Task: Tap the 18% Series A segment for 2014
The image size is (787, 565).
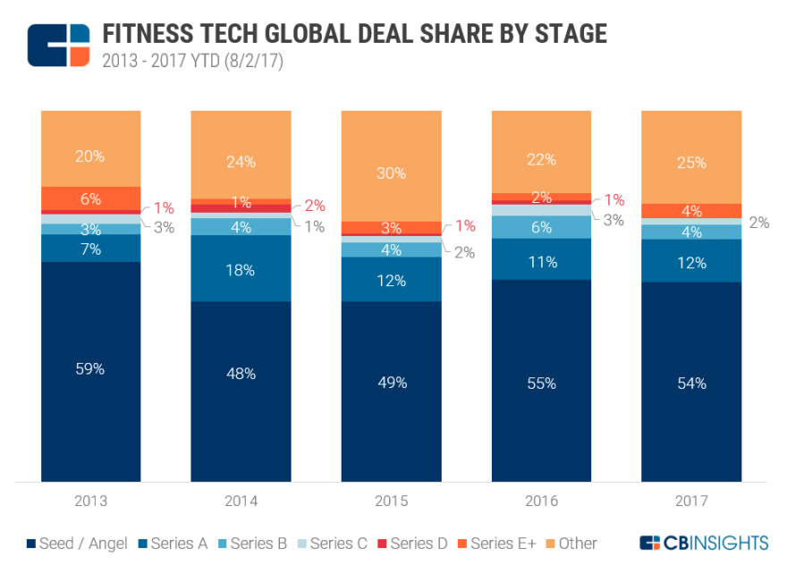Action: click(241, 268)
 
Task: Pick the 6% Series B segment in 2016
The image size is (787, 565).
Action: click(541, 227)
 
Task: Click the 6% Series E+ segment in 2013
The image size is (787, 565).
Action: click(90, 198)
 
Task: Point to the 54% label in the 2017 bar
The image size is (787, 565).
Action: click(691, 383)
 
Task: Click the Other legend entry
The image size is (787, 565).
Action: click(569, 543)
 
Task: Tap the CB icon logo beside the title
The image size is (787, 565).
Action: click(59, 45)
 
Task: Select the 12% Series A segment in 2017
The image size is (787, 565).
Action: click(691, 262)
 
